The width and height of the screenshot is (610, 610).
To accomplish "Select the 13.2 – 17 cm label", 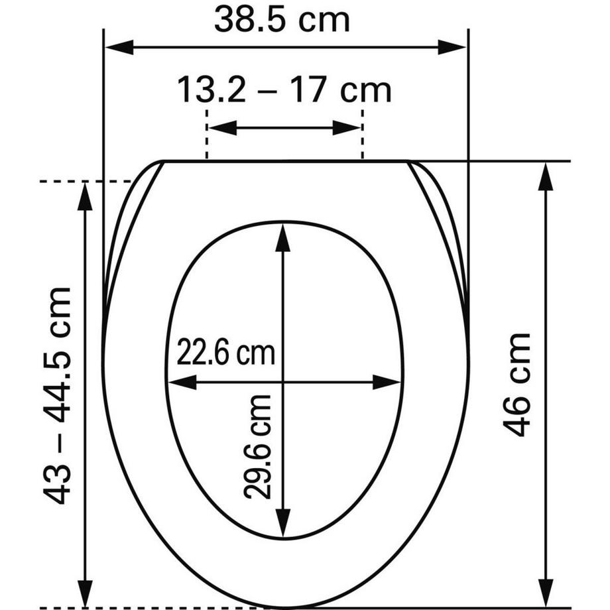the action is click(284, 91).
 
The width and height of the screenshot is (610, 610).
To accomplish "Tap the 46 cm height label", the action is click(517, 385).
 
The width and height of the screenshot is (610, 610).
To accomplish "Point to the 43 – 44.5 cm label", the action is click(57, 396).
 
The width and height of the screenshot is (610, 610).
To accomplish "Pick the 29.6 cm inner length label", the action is click(257, 447).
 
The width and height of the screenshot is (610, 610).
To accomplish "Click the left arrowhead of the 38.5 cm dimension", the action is click(120, 48).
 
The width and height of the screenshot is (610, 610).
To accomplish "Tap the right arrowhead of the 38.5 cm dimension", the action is click(452, 48).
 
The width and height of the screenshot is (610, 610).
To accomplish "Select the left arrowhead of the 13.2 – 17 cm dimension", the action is click(223, 127).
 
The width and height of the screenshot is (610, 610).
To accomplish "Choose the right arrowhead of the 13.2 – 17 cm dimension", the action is click(347, 127).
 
